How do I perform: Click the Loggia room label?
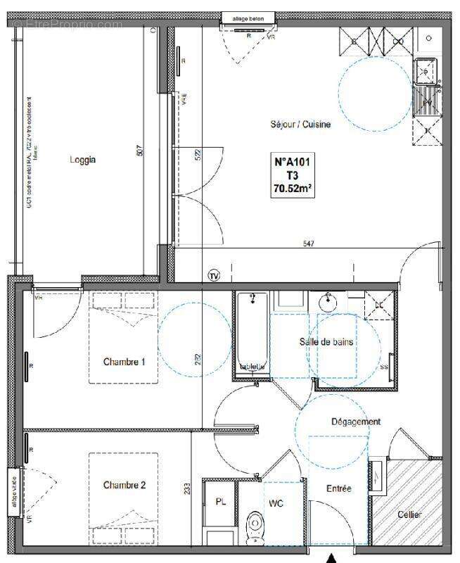click(x=82, y=160)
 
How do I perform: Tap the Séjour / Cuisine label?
click(x=300, y=125)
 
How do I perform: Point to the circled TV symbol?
click(x=214, y=275)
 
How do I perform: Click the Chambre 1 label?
click(x=124, y=362)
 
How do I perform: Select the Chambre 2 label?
click(x=124, y=485)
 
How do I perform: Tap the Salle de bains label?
click(x=326, y=342)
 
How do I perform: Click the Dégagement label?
click(x=356, y=422)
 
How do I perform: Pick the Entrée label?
click(x=338, y=488)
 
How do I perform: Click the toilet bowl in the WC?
click(x=256, y=527)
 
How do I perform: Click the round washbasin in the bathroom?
click(x=328, y=303)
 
